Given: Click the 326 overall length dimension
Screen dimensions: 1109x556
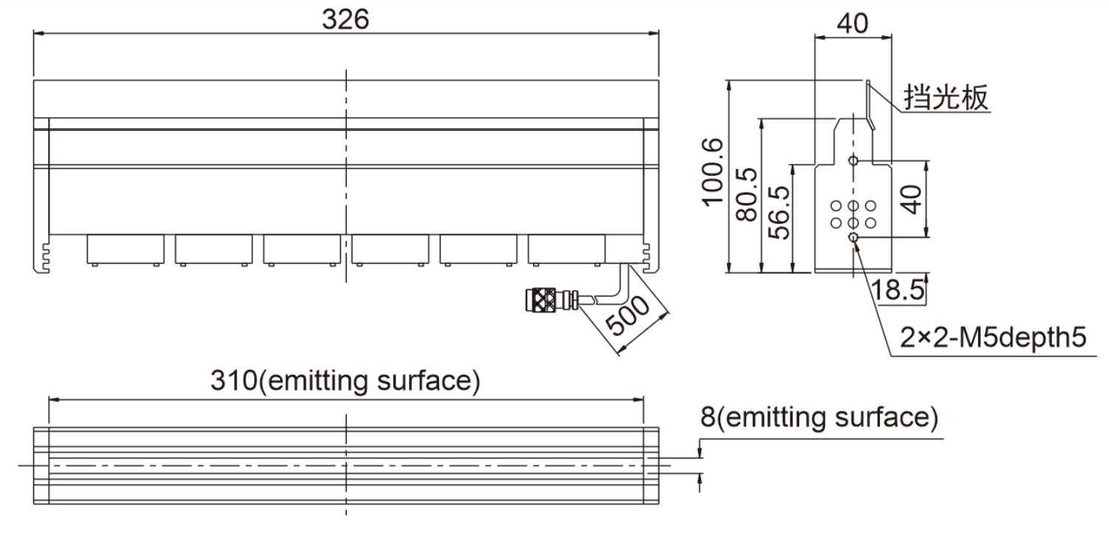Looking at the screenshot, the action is (345, 20).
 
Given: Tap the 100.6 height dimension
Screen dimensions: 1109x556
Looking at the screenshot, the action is (713, 171).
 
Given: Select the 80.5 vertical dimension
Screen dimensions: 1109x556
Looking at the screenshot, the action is (747, 194).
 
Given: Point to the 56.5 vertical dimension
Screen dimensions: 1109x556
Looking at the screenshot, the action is (779, 213).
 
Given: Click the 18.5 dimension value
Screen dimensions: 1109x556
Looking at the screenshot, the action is (897, 290).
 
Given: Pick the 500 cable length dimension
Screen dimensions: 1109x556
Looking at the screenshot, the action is (627, 315).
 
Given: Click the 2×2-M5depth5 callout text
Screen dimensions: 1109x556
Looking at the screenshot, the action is (993, 337).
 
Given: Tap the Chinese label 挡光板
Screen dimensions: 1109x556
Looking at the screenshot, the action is (946, 97).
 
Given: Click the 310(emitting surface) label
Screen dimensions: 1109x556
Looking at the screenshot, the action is (345, 381).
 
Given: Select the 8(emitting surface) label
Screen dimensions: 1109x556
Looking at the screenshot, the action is (819, 417).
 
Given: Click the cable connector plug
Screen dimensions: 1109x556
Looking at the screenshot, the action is (552, 300).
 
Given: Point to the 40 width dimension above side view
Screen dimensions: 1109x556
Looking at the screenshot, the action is (852, 23).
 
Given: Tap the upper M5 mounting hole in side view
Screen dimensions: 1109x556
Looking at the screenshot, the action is (853, 160).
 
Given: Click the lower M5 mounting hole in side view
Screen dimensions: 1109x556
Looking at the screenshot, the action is (853, 238).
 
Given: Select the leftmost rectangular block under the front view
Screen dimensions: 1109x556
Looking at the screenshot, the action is (125, 250).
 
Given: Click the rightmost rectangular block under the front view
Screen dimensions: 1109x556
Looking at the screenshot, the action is (566, 250).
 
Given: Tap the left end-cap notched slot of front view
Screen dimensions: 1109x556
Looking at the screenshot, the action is (44, 257).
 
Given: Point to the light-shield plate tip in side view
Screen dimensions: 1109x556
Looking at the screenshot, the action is (868, 82).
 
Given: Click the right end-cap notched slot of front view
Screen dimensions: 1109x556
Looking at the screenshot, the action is (648, 257).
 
